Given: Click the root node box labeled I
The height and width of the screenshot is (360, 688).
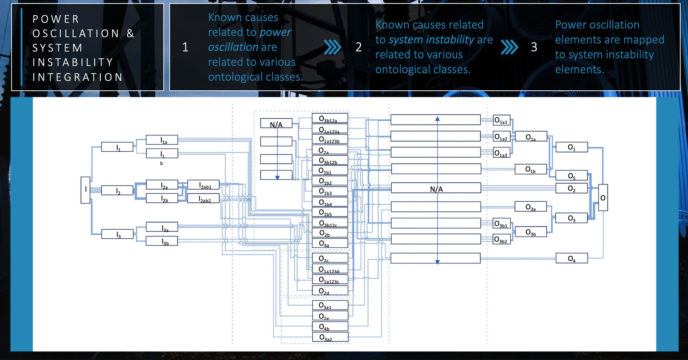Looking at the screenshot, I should pyautogui.click(x=86, y=190).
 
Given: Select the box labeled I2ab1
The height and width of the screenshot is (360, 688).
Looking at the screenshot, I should pyautogui.click(x=203, y=185).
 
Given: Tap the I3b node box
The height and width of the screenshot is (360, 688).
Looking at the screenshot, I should pyautogui.click(x=162, y=241).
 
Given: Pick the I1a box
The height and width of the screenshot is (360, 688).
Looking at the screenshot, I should pyautogui.click(x=162, y=140).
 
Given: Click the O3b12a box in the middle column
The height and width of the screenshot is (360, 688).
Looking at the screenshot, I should pyautogui.click(x=330, y=118).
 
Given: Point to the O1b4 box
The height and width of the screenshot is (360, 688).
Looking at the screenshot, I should pyautogui.click(x=330, y=202).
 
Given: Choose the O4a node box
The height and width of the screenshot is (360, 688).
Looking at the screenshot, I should pyautogui.click(x=330, y=243).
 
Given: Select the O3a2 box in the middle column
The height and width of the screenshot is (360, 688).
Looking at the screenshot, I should pyautogui.click(x=330, y=337).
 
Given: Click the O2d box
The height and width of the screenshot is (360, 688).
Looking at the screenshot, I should pyautogui.click(x=330, y=290).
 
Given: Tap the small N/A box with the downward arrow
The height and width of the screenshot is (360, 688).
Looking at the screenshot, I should pyautogui.click(x=276, y=124).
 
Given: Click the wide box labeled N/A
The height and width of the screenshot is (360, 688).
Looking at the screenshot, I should pyautogui.click(x=436, y=188).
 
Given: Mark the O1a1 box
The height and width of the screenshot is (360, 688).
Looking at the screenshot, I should pyautogui.click(x=501, y=121).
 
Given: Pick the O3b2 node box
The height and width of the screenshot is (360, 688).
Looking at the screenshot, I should pyautogui.click(x=501, y=239).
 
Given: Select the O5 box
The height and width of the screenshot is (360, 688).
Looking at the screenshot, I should pyautogui.click(x=572, y=176).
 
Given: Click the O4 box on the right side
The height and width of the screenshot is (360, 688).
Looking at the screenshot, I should pyautogui.click(x=572, y=258).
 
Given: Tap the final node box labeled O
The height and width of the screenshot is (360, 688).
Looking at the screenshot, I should pyautogui.click(x=603, y=198).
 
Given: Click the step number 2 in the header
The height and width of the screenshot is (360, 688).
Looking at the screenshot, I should pyautogui.click(x=359, y=47).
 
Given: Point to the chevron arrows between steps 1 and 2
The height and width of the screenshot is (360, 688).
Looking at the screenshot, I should pyautogui.click(x=333, y=47).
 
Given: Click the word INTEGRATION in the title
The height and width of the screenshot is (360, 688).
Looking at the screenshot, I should pyautogui.click(x=77, y=77).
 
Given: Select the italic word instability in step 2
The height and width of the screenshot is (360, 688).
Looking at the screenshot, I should pyautogui.click(x=450, y=40).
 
